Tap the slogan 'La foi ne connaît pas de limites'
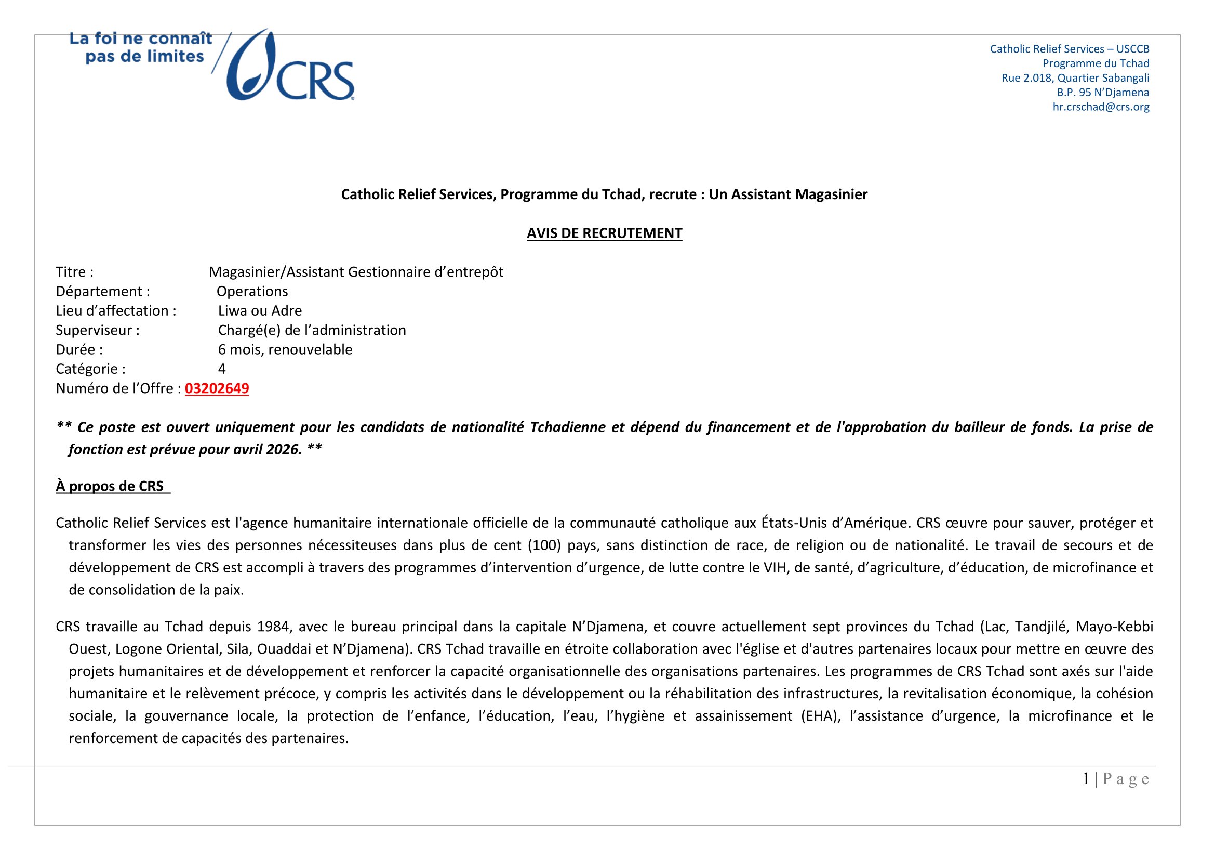click(x=141, y=47)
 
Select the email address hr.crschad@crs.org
click(x=1101, y=107)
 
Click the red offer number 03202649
click(x=217, y=389)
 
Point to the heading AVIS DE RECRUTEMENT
click(x=604, y=233)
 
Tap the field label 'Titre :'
click(x=75, y=272)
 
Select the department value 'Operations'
click(x=252, y=291)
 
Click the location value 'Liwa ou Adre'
click(x=260, y=311)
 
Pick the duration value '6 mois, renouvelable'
click(x=285, y=349)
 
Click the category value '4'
click(x=222, y=369)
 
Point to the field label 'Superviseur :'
click(x=98, y=331)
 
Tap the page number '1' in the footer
click(x=1086, y=779)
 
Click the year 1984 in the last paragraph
click(x=273, y=627)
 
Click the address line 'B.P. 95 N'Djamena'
click(x=1103, y=93)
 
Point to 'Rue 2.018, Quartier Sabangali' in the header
click(x=1075, y=78)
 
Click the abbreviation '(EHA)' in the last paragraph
click(x=820, y=716)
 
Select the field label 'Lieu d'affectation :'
click(x=116, y=311)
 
